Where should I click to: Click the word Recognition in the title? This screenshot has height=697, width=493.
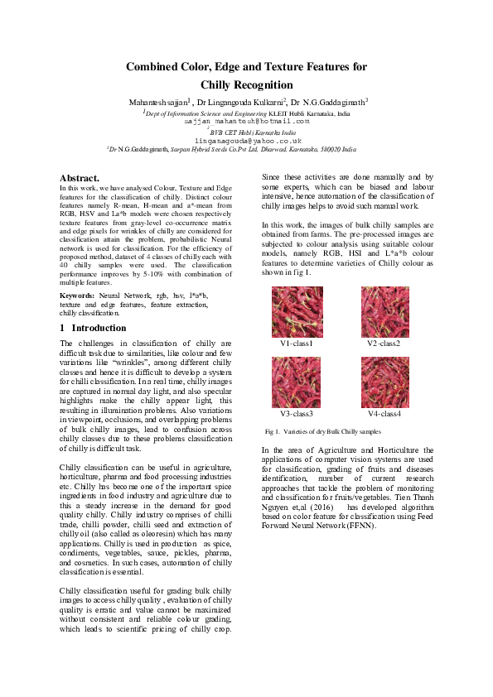259,84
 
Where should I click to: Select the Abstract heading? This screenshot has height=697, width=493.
80,178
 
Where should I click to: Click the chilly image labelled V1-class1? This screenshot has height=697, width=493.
297,312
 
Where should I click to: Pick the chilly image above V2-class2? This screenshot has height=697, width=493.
384,312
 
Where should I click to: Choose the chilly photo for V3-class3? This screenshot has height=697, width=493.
297,382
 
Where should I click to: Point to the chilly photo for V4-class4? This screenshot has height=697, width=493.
384,382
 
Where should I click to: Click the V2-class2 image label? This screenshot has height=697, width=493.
384,344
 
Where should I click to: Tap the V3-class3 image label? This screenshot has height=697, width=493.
297,413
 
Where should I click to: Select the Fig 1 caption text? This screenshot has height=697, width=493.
322,432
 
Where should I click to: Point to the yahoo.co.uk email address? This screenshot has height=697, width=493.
247,142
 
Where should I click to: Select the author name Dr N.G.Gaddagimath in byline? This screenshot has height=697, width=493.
329,102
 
